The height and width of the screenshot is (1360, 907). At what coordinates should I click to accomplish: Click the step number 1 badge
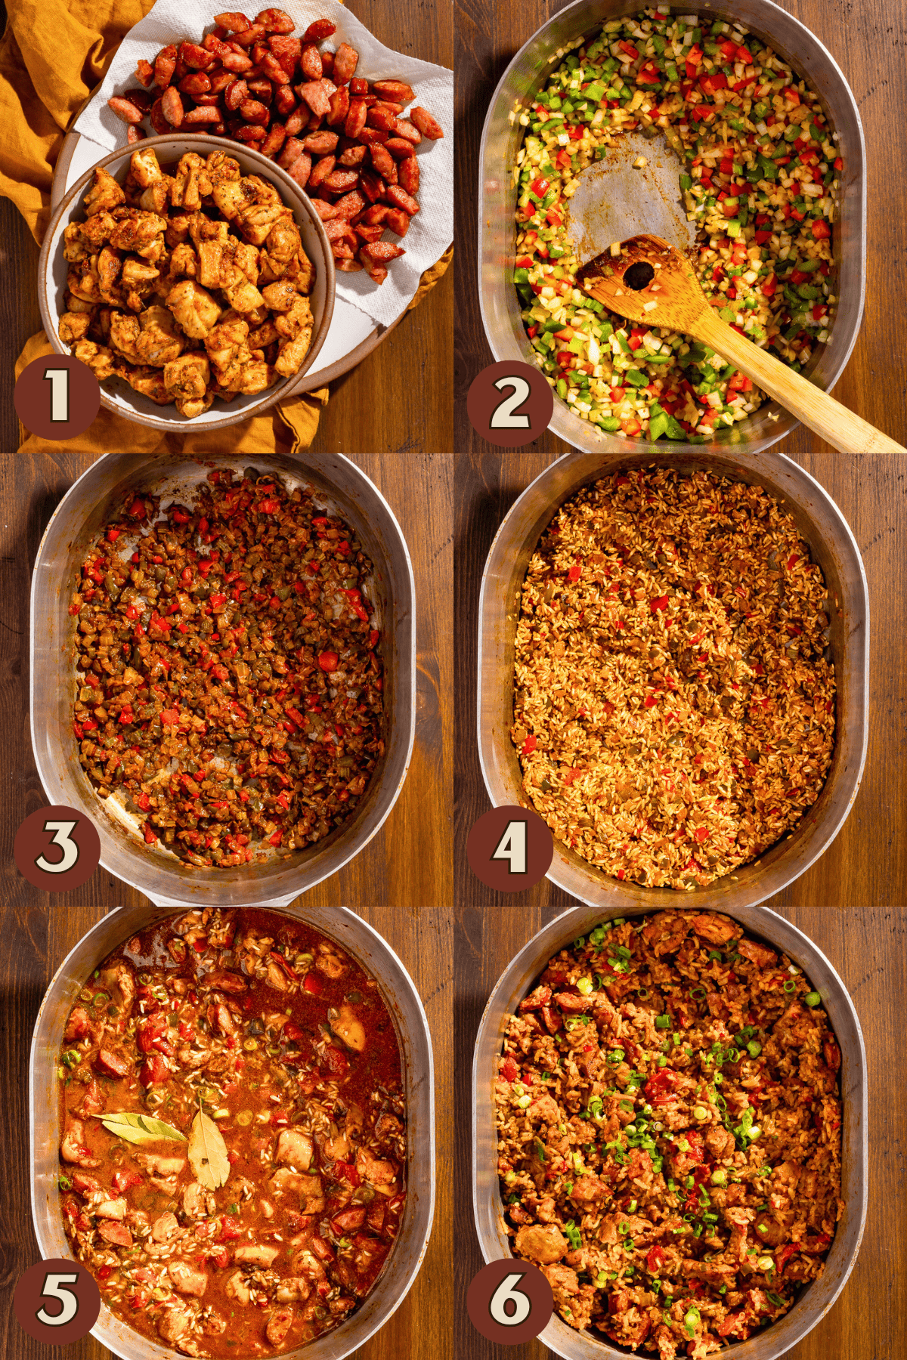pos(57,397)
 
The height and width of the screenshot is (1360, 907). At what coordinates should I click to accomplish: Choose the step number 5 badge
pos(57,1300)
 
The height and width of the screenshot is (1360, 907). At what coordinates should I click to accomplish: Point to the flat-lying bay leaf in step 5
pos(136,1126)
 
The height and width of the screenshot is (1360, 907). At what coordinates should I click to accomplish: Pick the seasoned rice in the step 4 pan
pos(673,680)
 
